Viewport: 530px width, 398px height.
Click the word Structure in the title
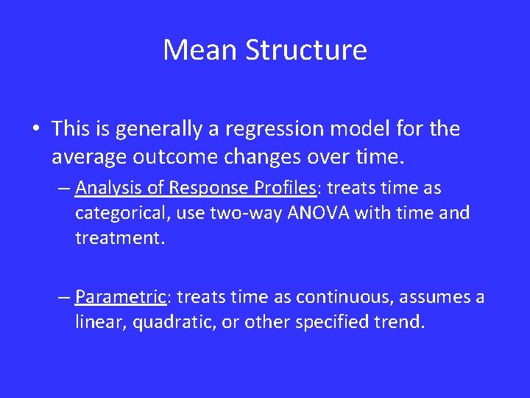pyautogui.click(x=306, y=50)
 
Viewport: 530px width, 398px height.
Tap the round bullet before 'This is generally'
pyautogui.click(x=36, y=130)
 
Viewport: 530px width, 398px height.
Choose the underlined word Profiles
pyautogui.click(x=281, y=189)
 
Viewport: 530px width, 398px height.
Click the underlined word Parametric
pyautogui.click(x=121, y=297)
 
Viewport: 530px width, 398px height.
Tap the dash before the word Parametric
pyautogui.click(x=65, y=298)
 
